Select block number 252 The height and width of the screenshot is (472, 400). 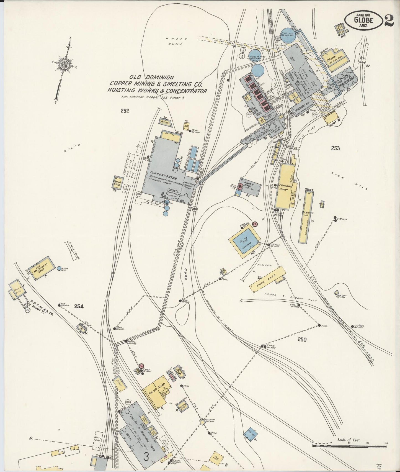[125, 111]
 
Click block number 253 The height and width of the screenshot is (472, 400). [335, 148]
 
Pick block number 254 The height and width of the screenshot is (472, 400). [79, 306]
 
